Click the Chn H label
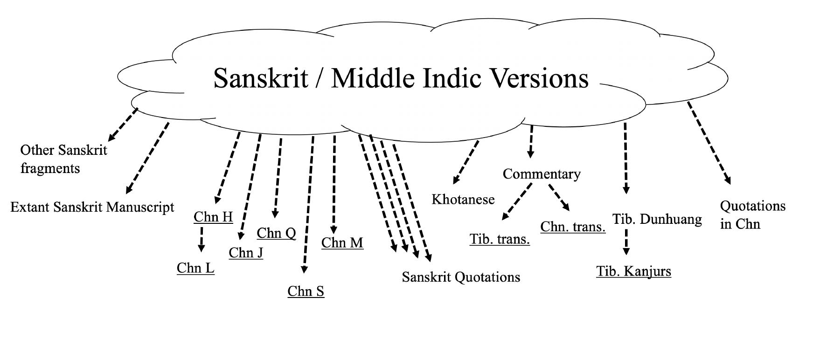(213, 217)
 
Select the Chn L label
(195, 268)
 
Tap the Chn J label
(246, 253)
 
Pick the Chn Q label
(276, 233)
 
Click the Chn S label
(306, 291)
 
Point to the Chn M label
(342, 243)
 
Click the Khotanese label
(463, 200)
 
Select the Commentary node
(542, 174)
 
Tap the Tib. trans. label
(500, 239)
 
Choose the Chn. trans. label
(573, 227)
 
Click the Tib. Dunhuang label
(657, 219)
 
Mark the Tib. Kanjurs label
(633, 271)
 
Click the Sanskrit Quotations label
(461, 277)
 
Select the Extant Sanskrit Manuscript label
(92, 207)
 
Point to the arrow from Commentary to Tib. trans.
(517, 201)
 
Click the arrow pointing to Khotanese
(466, 162)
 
